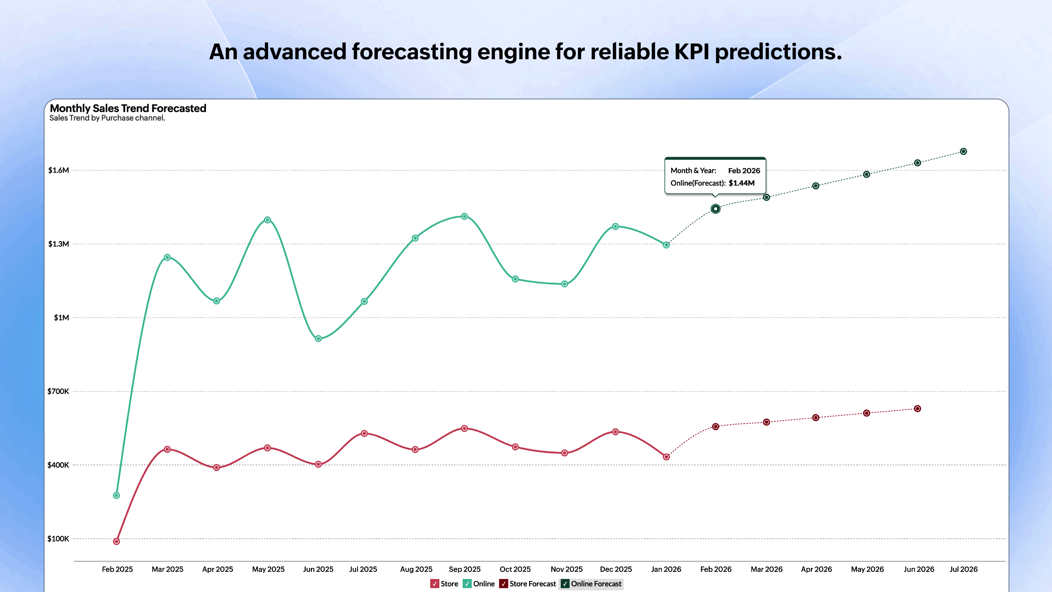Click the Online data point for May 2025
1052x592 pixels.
pyautogui.click(x=267, y=220)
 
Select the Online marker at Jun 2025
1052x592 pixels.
pyautogui.click(x=319, y=339)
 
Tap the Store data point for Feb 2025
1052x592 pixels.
pyautogui.click(x=117, y=542)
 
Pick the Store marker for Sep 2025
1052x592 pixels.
pyautogui.click(x=464, y=429)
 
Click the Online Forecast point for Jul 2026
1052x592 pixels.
pyautogui.click(x=963, y=152)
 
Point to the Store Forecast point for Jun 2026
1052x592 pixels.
pyautogui.click(x=918, y=409)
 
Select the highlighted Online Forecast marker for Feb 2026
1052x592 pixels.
pyautogui.click(x=716, y=209)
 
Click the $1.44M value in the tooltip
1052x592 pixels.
pyautogui.click(x=741, y=183)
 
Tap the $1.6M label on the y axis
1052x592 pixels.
pyautogui.click(x=58, y=170)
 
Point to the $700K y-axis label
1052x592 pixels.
pyautogui.click(x=58, y=391)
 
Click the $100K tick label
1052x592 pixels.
pyautogui.click(x=58, y=539)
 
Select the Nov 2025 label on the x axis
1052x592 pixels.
pyautogui.click(x=567, y=569)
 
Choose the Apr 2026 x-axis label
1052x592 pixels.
pyautogui.click(x=816, y=569)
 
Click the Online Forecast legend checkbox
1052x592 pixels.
pyautogui.click(x=565, y=584)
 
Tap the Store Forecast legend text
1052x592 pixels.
pyautogui.click(x=533, y=584)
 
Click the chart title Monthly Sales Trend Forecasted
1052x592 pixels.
pyautogui.click(x=128, y=108)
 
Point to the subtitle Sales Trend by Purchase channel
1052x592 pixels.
pyautogui.click(x=107, y=118)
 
